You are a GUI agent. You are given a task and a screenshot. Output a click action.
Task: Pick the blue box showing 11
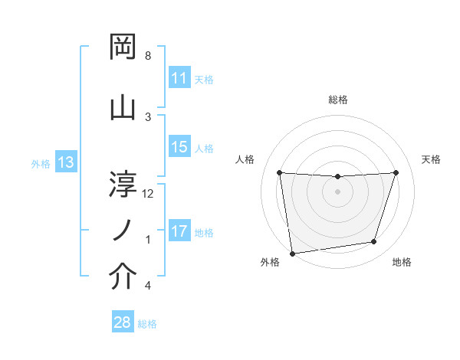(179, 78)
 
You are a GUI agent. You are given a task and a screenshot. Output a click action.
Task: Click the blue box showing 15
(179, 147)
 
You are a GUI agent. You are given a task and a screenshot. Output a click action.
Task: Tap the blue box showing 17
(179, 231)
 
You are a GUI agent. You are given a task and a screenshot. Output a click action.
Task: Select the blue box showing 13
(65, 162)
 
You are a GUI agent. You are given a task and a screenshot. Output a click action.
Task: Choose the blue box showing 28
(122, 322)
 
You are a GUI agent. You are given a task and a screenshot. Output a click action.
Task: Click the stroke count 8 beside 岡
(148, 56)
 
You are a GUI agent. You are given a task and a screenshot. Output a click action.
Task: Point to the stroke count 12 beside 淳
(148, 193)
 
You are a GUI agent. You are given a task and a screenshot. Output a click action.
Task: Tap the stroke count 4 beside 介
(148, 286)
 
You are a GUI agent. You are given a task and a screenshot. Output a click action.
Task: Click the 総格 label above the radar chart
(338, 100)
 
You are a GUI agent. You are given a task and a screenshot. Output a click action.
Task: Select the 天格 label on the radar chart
(432, 159)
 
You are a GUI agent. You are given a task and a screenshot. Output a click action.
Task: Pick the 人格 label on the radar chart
(245, 159)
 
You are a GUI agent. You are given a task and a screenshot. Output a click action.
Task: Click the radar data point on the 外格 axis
(292, 253)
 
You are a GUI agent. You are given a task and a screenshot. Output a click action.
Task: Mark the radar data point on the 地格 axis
(374, 242)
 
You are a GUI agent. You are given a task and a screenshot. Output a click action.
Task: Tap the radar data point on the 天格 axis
(396, 172)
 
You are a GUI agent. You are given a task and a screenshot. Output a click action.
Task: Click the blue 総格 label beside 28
(147, 324)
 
